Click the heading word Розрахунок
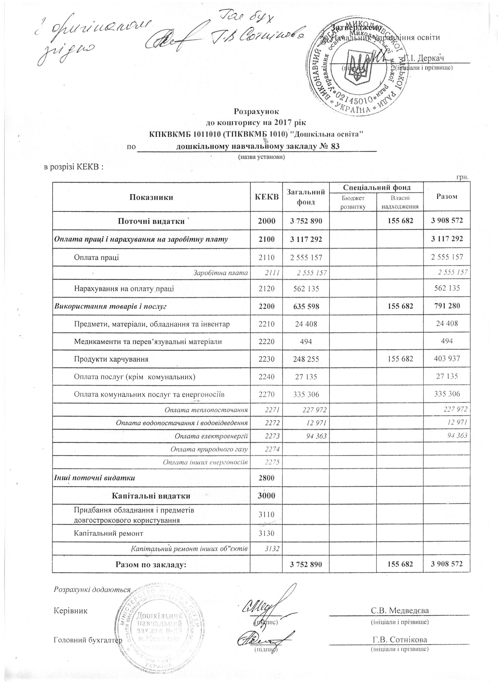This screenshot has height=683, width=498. coord(257,111)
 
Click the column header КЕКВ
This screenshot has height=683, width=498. coord(267,197)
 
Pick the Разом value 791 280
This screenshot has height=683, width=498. coord(446,307)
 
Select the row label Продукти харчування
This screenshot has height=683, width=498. coord(111,359)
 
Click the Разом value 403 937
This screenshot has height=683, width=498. coord(446,359)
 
